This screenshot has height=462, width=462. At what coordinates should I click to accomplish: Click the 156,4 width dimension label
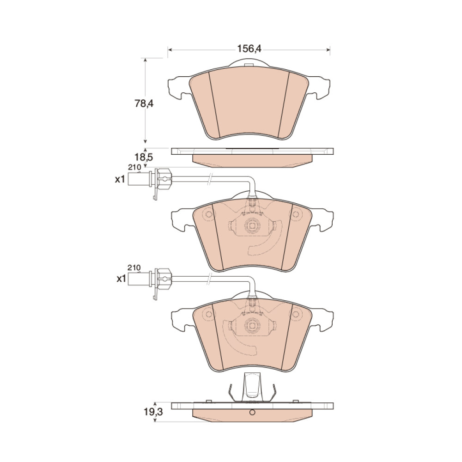249,49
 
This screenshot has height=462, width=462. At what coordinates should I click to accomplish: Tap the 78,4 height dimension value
144,103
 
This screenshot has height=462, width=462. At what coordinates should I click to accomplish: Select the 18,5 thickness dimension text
144,158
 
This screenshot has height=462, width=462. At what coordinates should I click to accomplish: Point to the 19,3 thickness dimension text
153,412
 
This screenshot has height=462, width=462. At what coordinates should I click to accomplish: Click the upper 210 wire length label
134,167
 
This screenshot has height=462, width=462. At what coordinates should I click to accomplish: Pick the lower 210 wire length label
134,268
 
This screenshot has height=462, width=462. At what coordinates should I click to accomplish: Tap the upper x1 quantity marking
120,179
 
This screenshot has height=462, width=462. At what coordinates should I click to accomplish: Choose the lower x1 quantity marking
122,279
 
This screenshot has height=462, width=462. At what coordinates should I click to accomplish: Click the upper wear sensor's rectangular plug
140,179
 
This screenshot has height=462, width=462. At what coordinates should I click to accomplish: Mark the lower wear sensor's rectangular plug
140,279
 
